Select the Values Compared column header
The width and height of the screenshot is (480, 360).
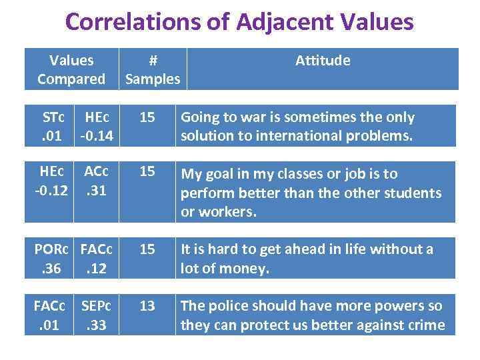71,69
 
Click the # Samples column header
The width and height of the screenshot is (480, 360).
153,69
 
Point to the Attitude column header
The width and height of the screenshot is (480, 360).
323,61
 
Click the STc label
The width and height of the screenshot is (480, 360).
53,117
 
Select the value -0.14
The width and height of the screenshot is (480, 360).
96,137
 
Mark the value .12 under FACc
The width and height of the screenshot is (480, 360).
97,269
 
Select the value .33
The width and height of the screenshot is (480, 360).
97,325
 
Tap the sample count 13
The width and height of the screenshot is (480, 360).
147,306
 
